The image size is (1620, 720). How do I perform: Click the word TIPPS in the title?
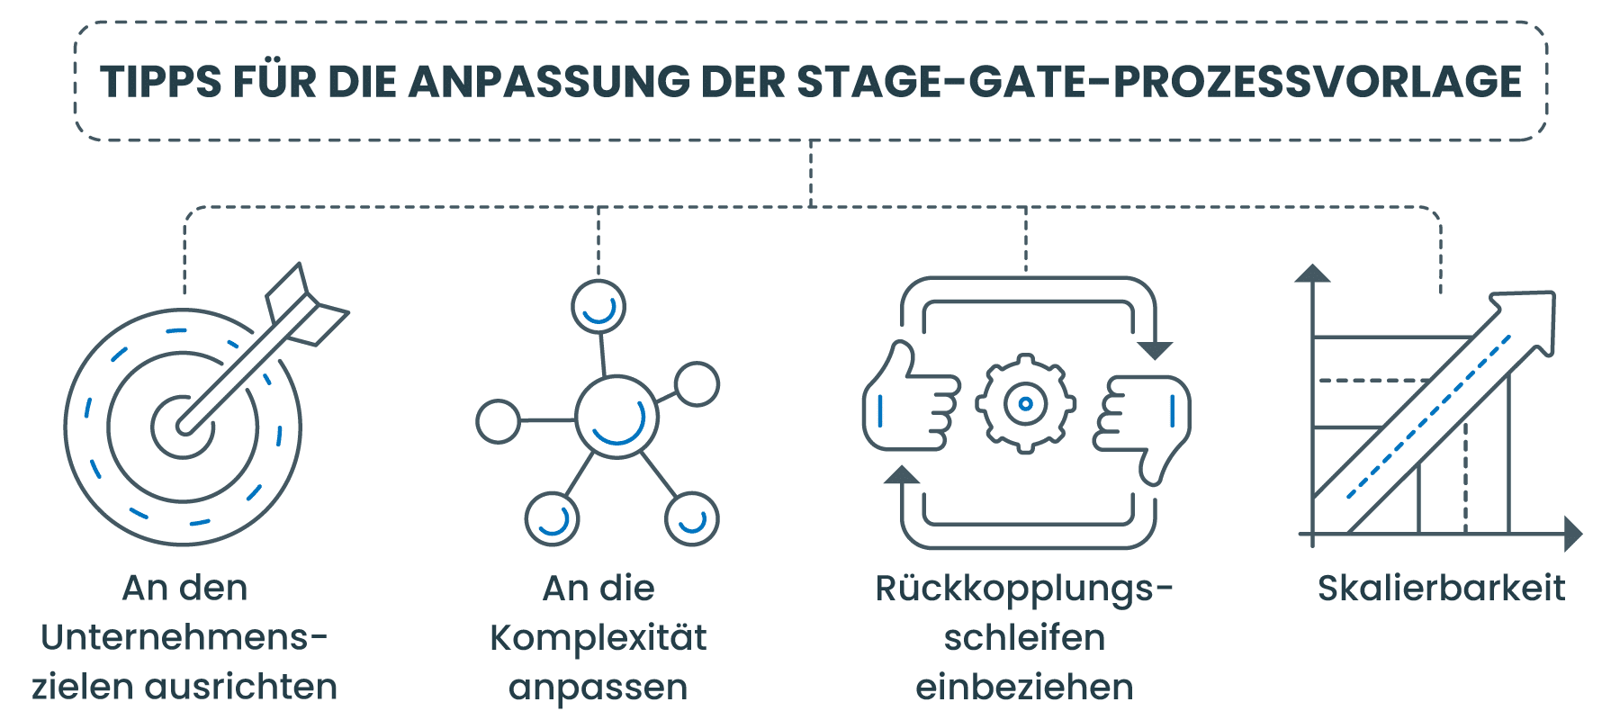click(x=160, y=82)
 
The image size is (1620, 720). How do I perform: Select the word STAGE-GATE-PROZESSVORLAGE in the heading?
click(x=1159, y=82)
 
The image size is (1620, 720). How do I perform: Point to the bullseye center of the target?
click(x=184, y=427)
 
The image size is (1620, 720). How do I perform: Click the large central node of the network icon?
click(x=616, y=418)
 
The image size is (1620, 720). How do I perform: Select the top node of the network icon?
click(x=598, y=306)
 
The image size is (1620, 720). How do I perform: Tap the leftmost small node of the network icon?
click(x=498, y=420)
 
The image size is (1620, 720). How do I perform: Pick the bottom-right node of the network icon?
click(x=691, y=519)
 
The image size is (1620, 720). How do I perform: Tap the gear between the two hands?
click(x=1025, y=404)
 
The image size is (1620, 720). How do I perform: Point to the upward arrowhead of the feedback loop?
click(x=901, y=474)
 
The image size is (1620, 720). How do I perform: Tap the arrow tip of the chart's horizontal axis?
click(x=1573, y=534)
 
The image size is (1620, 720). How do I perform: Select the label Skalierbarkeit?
click(x=1441, y=589)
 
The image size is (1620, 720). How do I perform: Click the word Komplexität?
click(x=598, y=638)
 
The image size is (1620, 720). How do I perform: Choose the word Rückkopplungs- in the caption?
click(x=1024, y=589)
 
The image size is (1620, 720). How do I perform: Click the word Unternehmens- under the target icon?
click(x=184, y=638)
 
